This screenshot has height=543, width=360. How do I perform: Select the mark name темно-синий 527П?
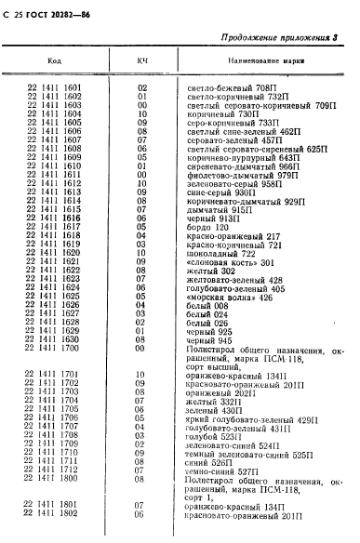[223, 470]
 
